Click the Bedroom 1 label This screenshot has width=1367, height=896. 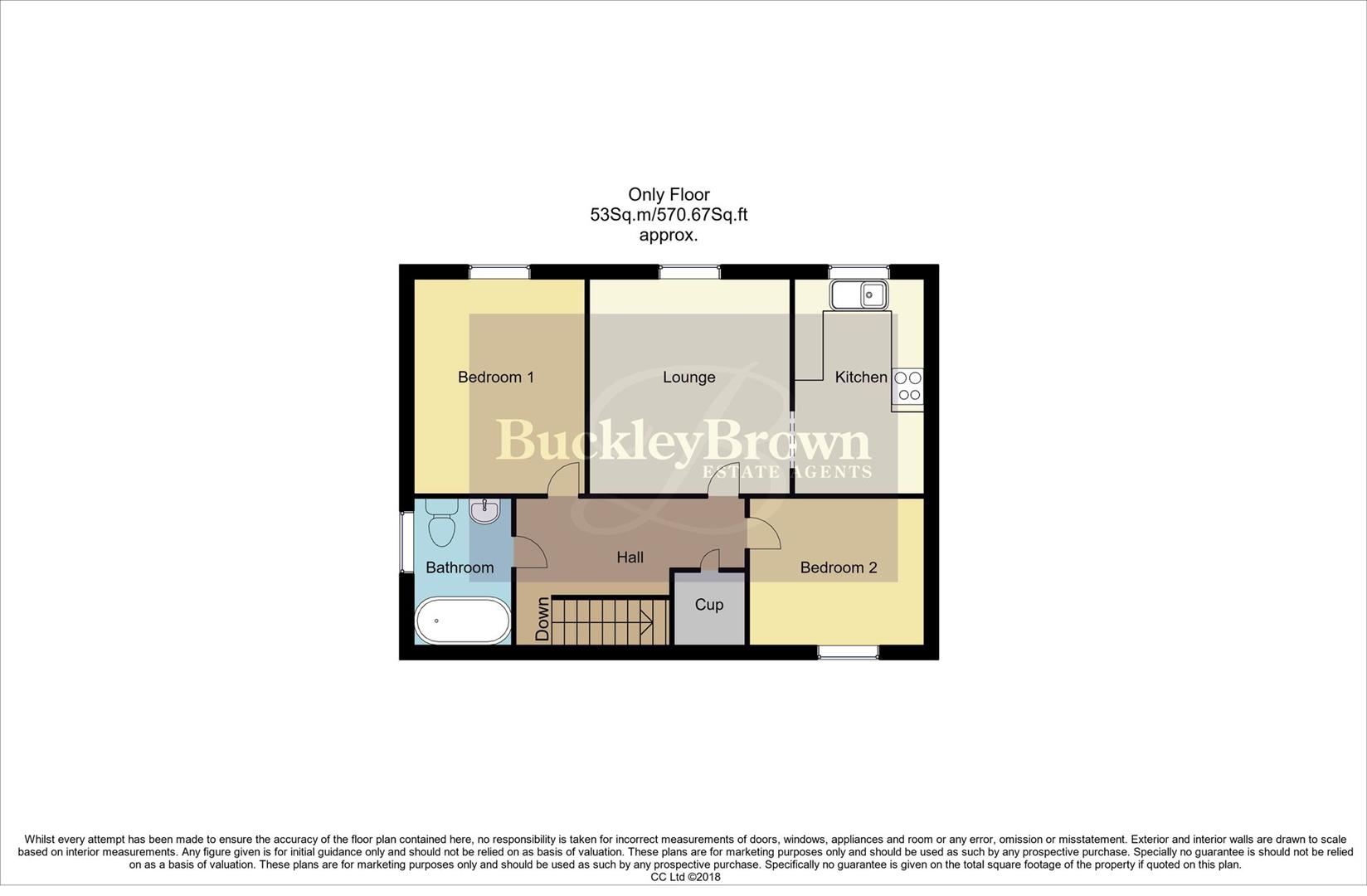tap(495, 377)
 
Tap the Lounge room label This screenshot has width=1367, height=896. tap(688, 377)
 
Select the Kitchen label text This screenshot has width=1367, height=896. tap(860, 377)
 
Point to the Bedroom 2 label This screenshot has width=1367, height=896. tap(838, 568)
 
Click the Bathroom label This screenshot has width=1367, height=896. tap(460, 568)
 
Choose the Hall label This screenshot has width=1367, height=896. tap(630, 558)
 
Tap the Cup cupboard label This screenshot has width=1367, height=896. tap(708, 605)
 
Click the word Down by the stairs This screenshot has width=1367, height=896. tap(542, 620)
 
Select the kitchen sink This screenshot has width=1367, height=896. tap(859, 294)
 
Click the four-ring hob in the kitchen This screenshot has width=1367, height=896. tap(907, 387)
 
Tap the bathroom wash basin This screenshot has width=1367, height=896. tap(484, 510)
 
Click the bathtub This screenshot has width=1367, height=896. tap(463, 621)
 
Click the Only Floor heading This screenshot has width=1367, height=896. tap(669, 195)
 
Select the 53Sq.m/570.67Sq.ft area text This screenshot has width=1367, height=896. tap(669, 215)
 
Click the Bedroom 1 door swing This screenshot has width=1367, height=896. tap(565, 479)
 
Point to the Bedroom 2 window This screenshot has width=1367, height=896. tap(849, 652)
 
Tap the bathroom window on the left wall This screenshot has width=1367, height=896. tap(406, 541)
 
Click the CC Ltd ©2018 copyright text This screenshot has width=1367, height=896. tap(685, 877)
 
